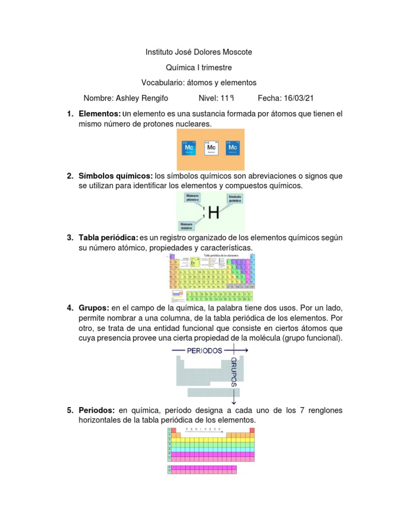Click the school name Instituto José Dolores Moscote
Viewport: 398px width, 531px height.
[x=198, y=52]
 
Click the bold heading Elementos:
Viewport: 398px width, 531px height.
[x=99, y=114]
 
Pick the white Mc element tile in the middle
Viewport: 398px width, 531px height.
[x=211, y=147]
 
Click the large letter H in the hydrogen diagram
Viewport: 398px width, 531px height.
[x=214, y=212]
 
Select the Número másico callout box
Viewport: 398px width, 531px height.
[x=187, y=226]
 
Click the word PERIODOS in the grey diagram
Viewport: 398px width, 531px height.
[x=205, y=351]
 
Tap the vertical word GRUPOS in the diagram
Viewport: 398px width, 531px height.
[x=234, y=372]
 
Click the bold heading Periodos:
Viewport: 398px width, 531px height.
[x=97, y=410]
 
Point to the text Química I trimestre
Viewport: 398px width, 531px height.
[x=198, y=67]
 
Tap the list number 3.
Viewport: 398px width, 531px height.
[x=70, y=237]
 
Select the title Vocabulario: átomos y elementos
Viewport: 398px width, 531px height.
[x=198, y=82]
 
